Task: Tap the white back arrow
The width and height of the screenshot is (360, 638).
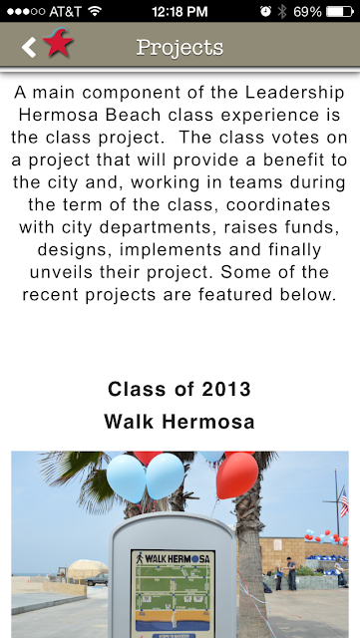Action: (29, 47)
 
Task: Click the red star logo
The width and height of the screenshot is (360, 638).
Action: (58, 42)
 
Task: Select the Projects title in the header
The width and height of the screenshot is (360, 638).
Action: (180, 48)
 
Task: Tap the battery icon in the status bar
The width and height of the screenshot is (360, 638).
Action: (340, 11)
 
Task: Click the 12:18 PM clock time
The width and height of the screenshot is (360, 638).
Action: (180, 11)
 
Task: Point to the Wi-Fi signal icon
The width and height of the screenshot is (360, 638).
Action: (95, 11)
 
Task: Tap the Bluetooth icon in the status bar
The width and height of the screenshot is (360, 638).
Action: (282, 11)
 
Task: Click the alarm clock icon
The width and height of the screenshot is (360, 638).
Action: (265, 11)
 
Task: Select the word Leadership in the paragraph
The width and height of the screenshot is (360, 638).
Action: (295, 93)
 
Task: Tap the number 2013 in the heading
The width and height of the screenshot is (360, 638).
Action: (226, 390)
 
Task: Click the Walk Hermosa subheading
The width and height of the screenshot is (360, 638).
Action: (180, 422)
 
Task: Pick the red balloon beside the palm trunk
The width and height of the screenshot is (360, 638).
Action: (236, 476)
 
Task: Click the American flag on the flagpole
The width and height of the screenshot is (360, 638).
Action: (344, 502)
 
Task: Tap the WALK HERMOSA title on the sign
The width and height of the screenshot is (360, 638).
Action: (174, 558)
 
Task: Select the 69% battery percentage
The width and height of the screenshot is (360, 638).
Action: (307, 11)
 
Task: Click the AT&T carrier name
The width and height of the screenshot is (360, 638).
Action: (65, 11)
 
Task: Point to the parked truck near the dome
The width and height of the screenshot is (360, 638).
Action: (97, 579)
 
